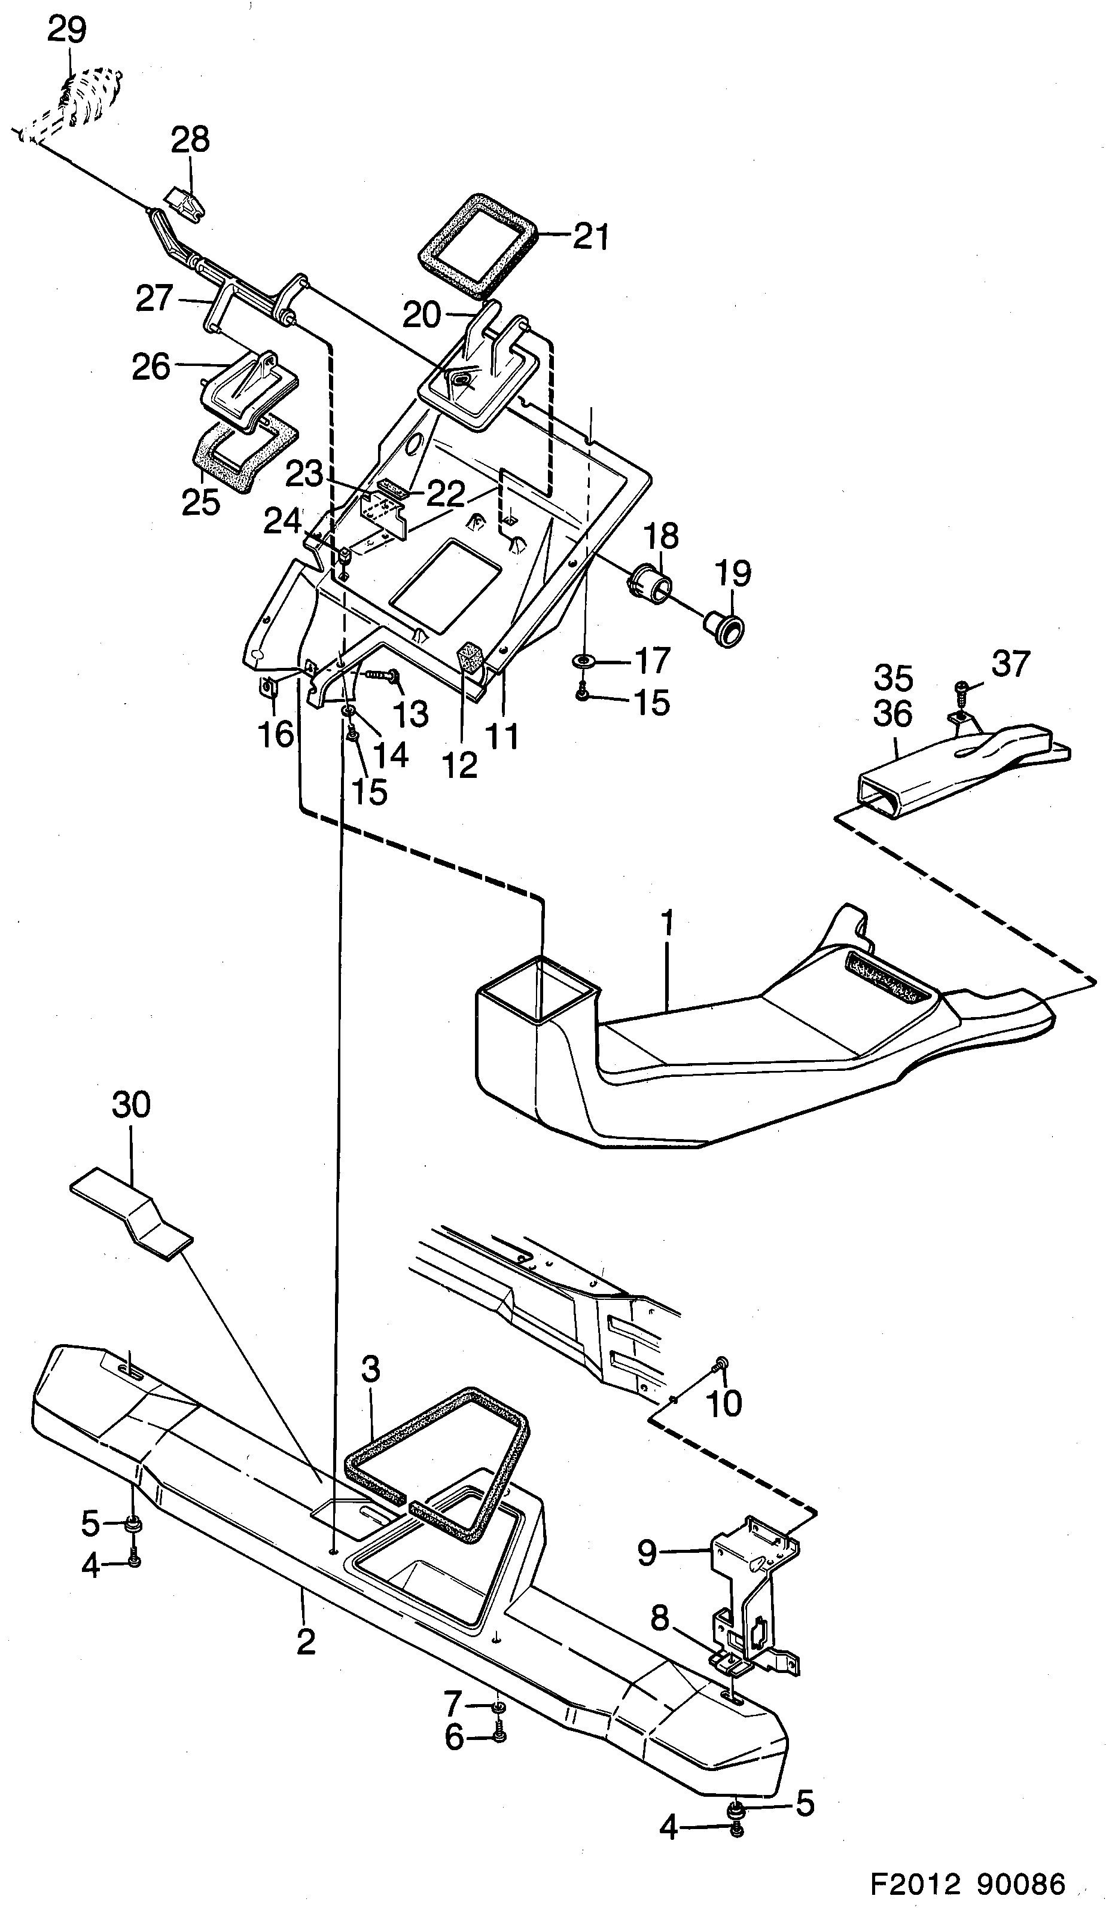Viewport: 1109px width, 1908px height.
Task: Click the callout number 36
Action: [x=893, y=714]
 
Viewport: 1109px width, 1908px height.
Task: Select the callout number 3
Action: [x=370, y=1369]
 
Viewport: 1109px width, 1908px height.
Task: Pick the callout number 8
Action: [x=660, y=1618]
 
